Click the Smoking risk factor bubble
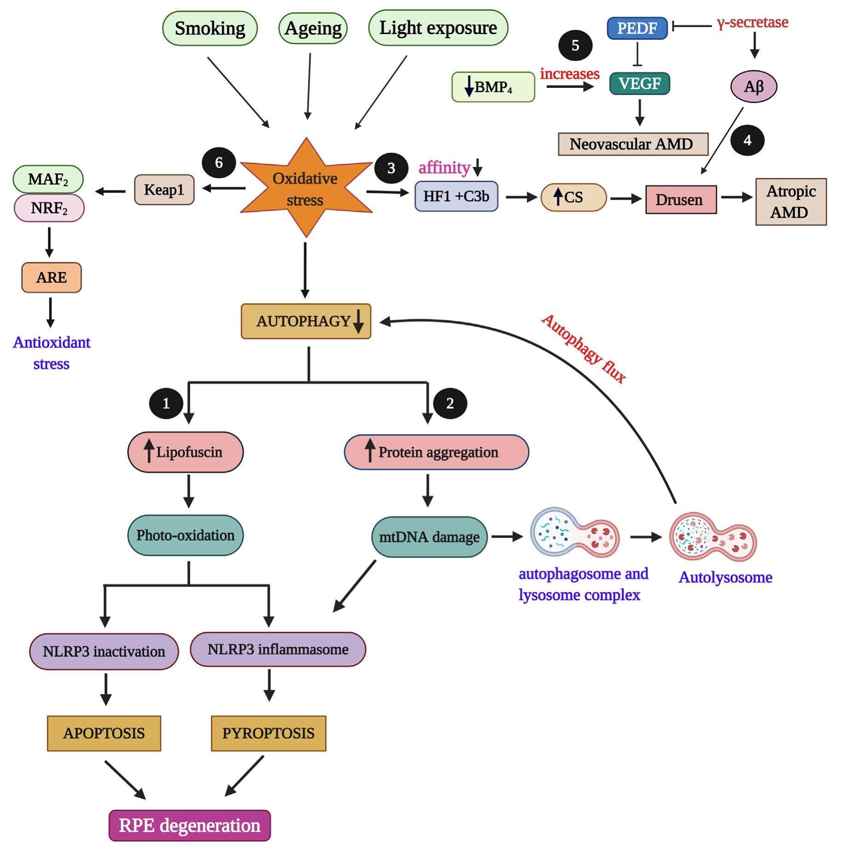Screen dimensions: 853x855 pos(210,29)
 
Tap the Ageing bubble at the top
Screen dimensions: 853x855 pos(313,29)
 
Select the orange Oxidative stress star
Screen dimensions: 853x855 pos(305,189)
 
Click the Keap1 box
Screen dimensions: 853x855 pos(164,189)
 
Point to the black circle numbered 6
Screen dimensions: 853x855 pos(219,162)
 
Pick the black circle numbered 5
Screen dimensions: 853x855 pos(575,46)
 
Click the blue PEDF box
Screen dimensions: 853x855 pos(637,28)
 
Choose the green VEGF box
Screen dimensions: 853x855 pos(639,84)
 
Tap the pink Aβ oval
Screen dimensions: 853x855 pos(754,86)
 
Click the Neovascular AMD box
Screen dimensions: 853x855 pos(633,144)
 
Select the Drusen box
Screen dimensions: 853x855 pos(681,200)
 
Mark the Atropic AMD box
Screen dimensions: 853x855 pos(791,202)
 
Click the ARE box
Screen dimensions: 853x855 pos(52,277)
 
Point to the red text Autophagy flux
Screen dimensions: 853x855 pos(583,349)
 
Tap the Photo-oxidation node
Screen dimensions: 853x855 pos(185,535)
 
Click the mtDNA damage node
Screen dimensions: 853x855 pos(429,537)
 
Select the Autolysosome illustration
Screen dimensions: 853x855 pos(713,537)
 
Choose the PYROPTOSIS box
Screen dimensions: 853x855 pos(268,733)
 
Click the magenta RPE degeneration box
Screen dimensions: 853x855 pos(190,825)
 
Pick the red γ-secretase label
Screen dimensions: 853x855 pos(752,23)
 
